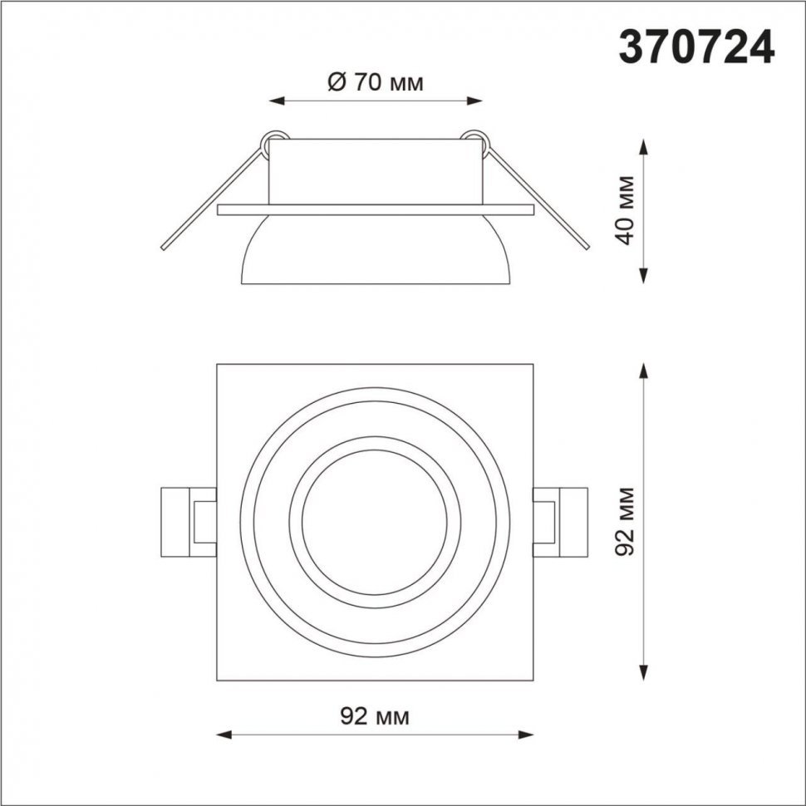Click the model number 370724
point(696,47)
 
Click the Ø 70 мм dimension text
point(376,81)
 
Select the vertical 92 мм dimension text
point(626,520)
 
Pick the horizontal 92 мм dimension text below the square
point(375,716)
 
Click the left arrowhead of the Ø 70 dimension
point(277,101)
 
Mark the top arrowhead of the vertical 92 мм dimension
point(644,371)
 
